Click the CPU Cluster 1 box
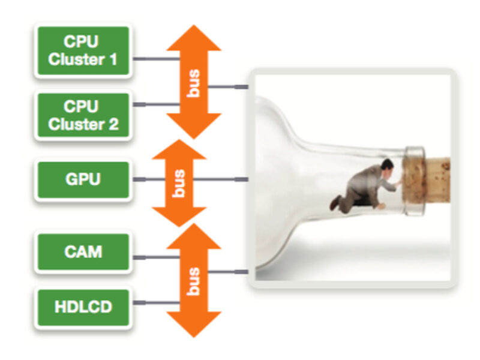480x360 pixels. pyautogui.click(x=83, y=50)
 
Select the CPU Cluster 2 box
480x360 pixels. pyautogui.click(x=83, y=115)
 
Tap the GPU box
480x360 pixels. pyautogui.click(x=83, y=179)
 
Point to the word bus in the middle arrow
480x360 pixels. pyautogui.click(x=179, y=182)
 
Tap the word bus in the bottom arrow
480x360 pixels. pyautogui.click(x=193, y=280)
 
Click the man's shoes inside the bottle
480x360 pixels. pyautogui.click(x=335, y=204)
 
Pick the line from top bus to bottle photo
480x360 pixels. pyautogui.click(x=228, y=88)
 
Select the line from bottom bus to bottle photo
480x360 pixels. pyautogui.click(x=228, y=272)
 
